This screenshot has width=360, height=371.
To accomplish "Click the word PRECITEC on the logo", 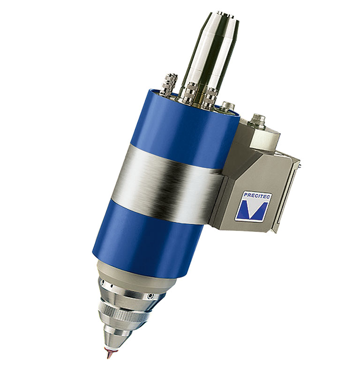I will (257, 196).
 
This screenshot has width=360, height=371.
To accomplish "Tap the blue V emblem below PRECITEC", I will (255, 209).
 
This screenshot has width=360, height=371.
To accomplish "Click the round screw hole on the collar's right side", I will (150, 296).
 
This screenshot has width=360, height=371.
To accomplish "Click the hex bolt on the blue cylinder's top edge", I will (228, 107).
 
